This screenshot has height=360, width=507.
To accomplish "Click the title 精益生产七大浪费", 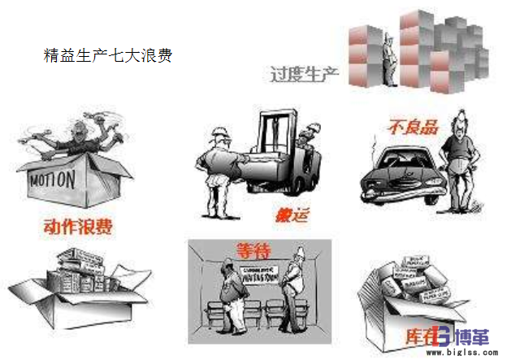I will (106, 57).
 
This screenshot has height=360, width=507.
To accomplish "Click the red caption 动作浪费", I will (78, 225).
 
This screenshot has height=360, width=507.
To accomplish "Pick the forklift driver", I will (306, 150).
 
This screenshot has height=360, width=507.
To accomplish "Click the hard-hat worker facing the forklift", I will (217, 163).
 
